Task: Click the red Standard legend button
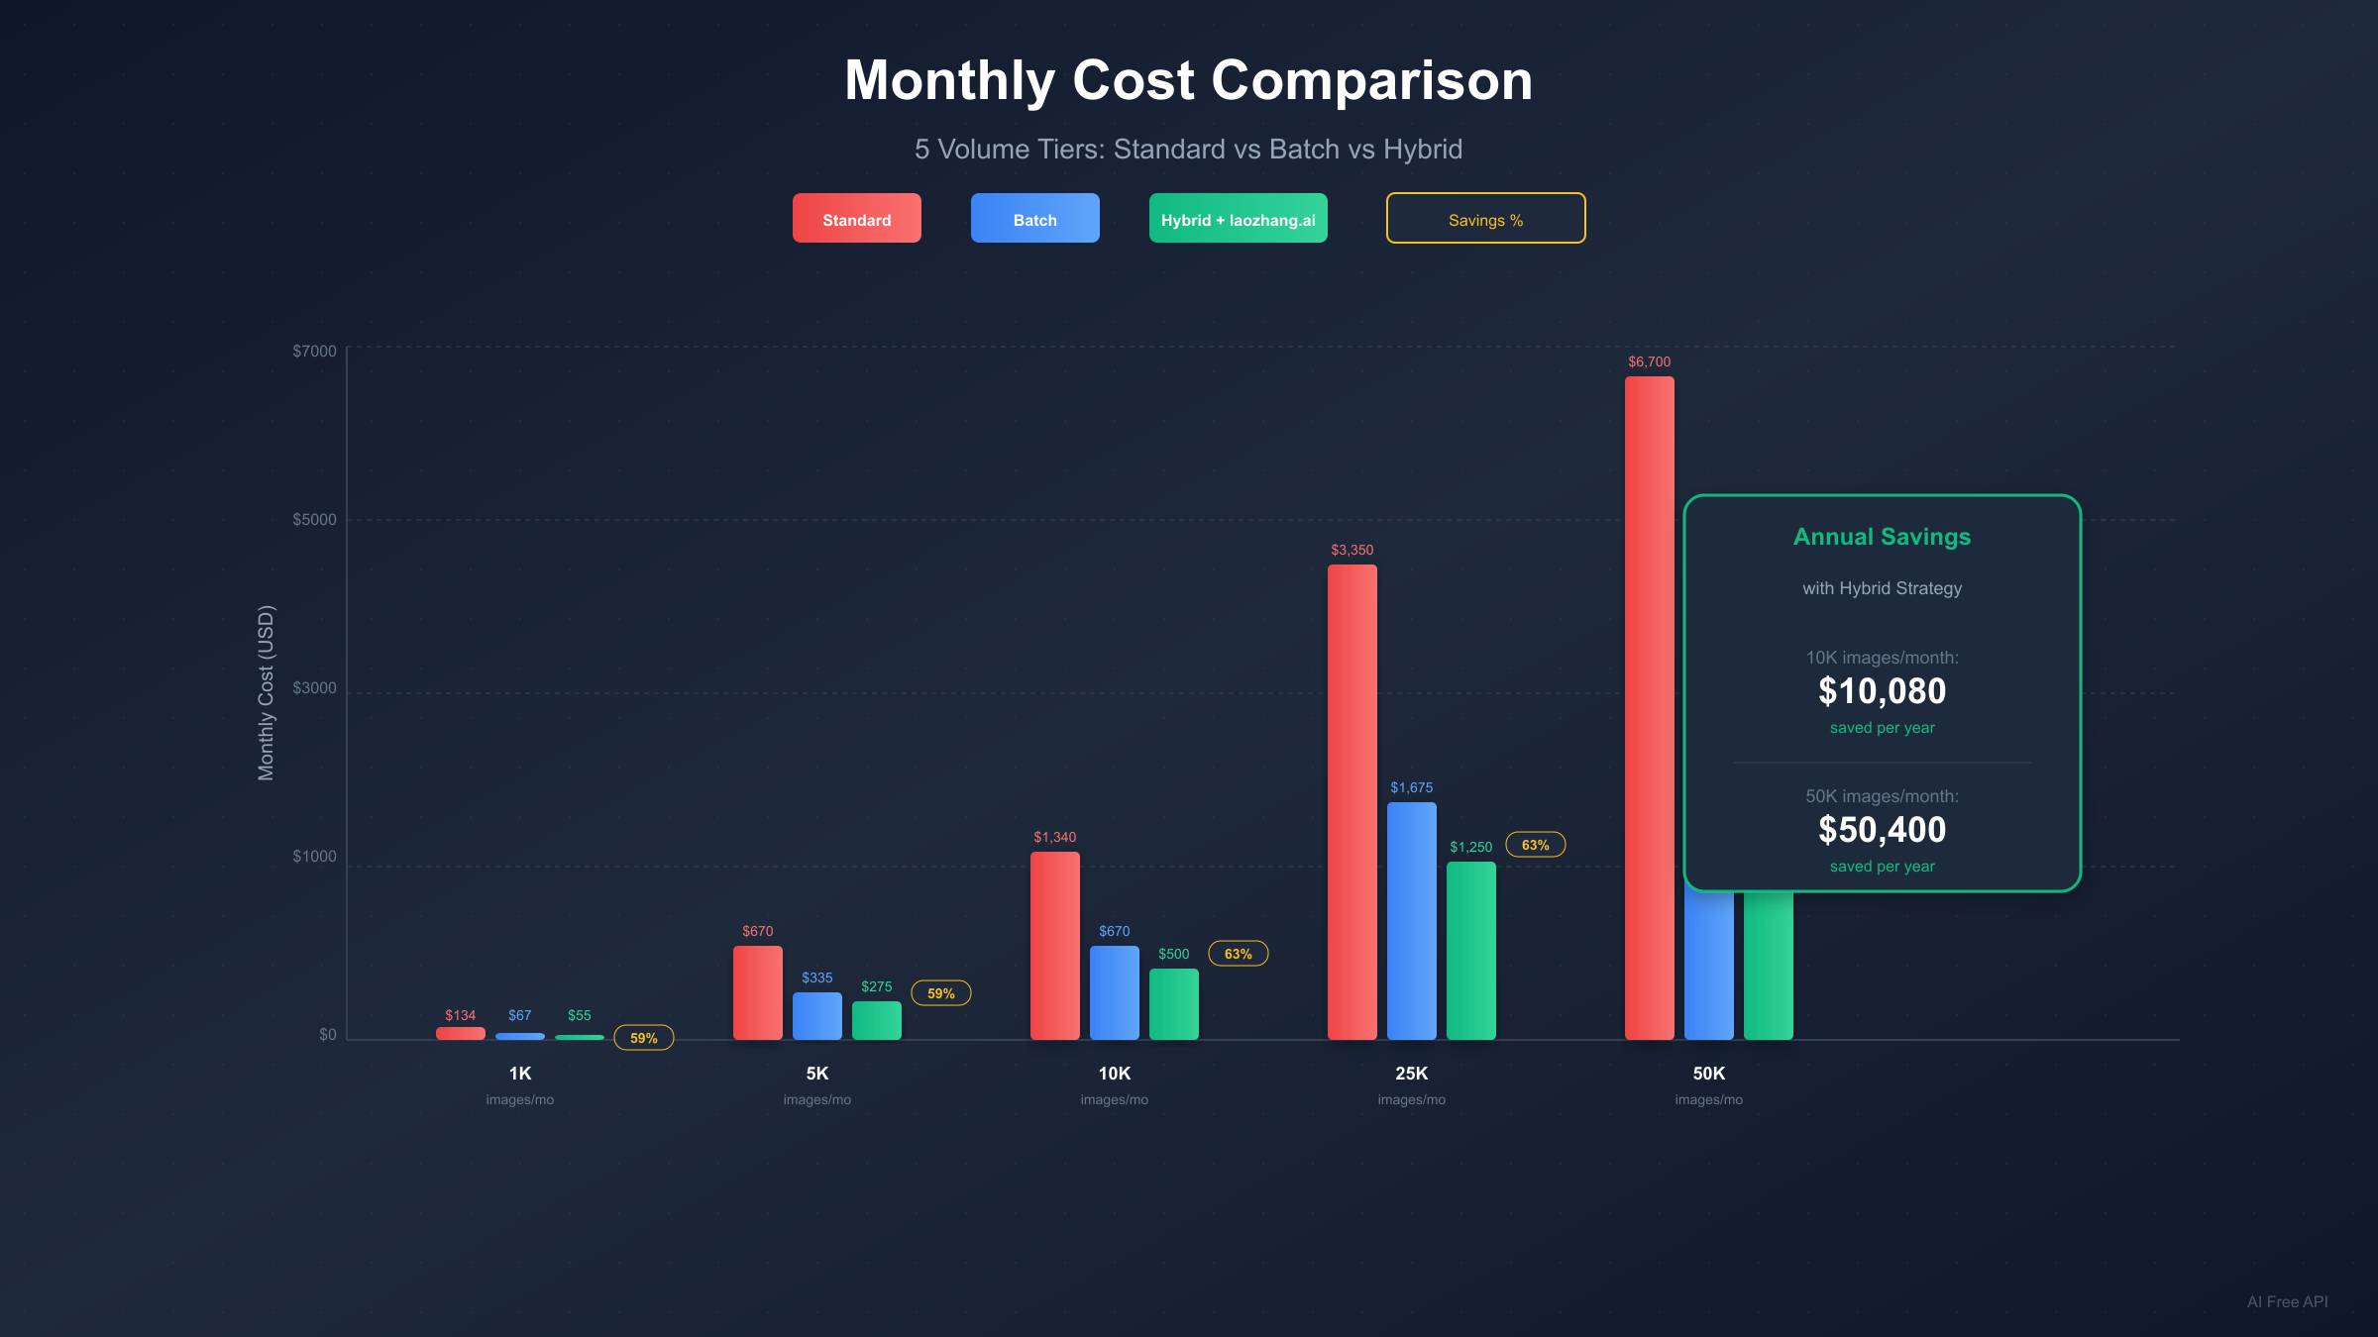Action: (x=856, y=219)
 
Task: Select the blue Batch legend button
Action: (x=1034, y=219)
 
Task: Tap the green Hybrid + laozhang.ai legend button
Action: (x=1238, y=219)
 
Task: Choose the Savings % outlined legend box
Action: (x=1485, y=219)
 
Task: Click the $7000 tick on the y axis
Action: (x=314, y=351)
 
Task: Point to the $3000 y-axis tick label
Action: (x=314, y=687)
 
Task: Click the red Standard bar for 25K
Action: (x=1351, y=802)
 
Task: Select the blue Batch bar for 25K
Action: (x=1411, y=921)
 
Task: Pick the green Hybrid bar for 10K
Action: (x=1173, y=1004)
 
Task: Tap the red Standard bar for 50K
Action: (x=1649, y=708)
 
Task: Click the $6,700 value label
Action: (x=1649, y=361)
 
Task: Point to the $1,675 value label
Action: (x=1411, y=787)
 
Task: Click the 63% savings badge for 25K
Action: (x=1535, y=845)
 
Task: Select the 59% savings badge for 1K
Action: (x=643, y=1038)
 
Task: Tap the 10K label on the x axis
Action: (x=1114, y=1074)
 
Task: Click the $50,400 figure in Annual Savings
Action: (x=1882, y=830)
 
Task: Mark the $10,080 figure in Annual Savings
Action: (x=1882, y=691)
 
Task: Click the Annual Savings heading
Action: (x=1882, y=537)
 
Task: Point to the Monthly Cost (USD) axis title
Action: (x=266, y=692)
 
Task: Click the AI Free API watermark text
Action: (x=2287, y=1301)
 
